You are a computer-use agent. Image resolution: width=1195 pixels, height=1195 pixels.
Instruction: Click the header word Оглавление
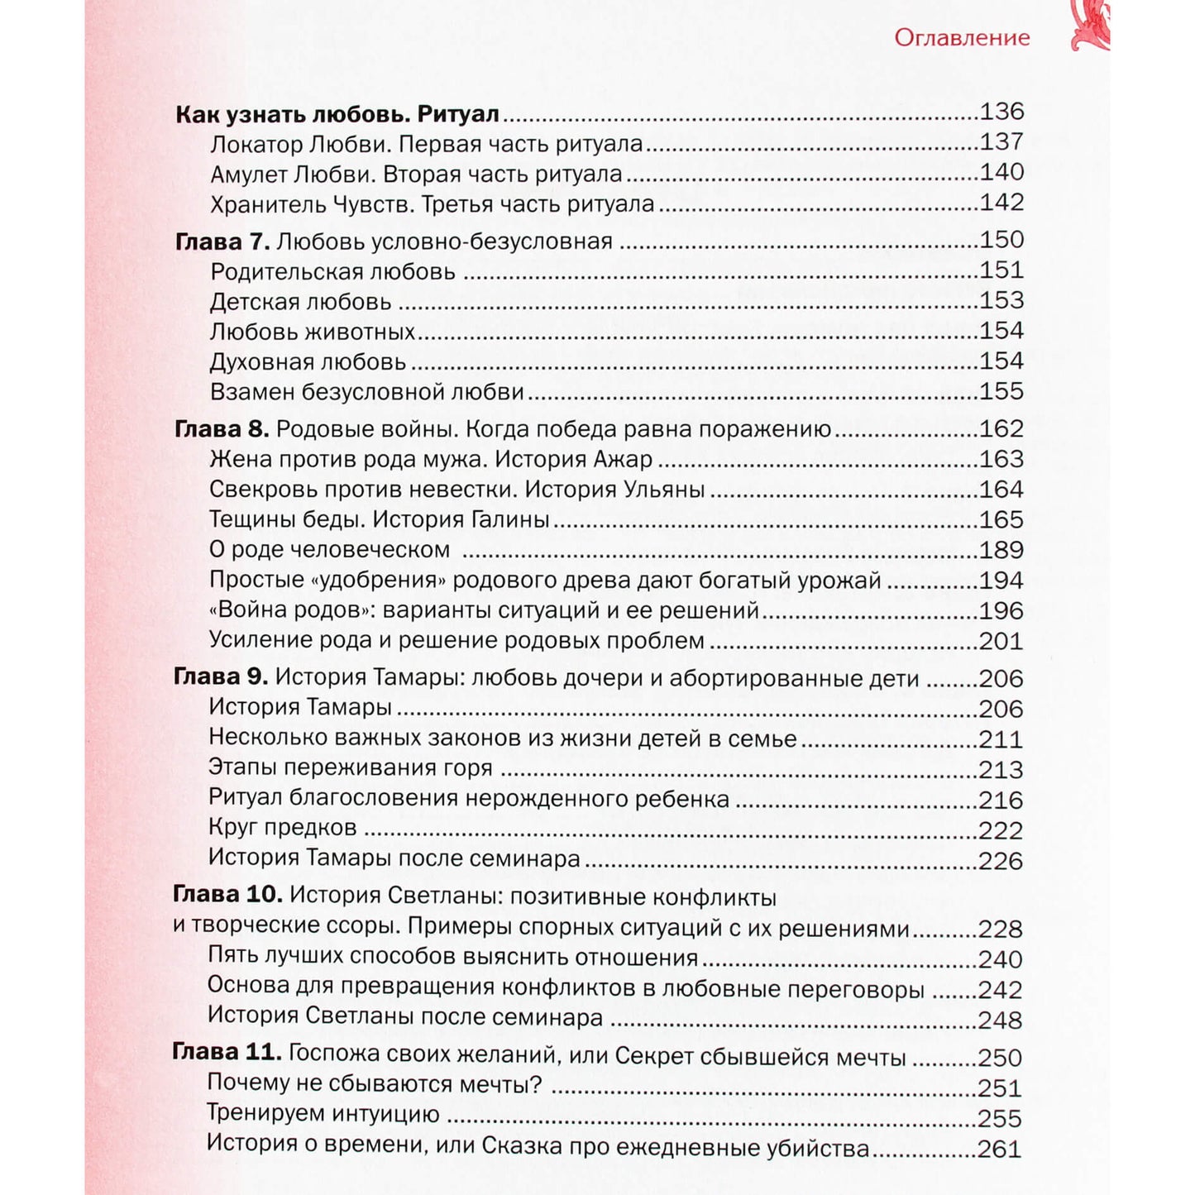click(x=962, y=38)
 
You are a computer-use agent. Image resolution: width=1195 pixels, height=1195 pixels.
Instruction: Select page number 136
click(x=1001, y=111)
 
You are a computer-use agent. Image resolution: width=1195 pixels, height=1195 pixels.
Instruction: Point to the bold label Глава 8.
click(x=222, y=429)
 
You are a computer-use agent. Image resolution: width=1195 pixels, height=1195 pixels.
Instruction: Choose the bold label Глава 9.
click(x=221, y=677)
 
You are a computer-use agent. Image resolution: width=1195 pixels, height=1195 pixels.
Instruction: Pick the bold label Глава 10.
click(x=228, y=895)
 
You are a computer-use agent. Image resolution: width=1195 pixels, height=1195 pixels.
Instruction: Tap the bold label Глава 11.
click(x=227, y=1053)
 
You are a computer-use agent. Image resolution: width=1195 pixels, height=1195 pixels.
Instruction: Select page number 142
click(x=1001, y=202)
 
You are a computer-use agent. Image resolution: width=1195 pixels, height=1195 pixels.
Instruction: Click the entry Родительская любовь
click(x=332, y=271)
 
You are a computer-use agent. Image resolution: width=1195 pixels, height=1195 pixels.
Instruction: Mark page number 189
click(x=1001, y=550)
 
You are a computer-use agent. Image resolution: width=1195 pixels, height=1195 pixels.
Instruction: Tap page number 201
click(x=1001, y=641)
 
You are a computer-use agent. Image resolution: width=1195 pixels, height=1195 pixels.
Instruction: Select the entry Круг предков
click(x=282, y=828)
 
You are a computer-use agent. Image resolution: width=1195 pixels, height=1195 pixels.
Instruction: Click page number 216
click(x=1001, y=800)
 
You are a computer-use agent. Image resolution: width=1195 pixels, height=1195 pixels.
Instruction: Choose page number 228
click(x=1000, y=929)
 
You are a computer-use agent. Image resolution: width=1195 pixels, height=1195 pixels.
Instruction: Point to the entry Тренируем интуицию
click(x=323, y=1114)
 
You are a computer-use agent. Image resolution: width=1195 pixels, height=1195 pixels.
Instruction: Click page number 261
click(x=999, y=1149)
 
